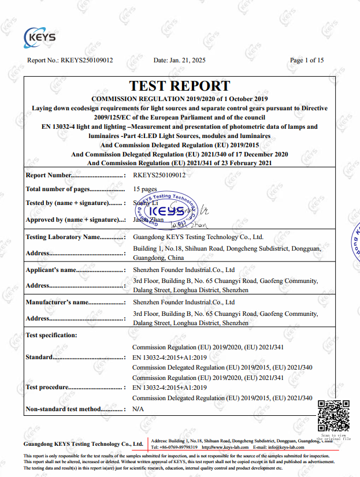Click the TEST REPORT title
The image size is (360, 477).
click(180, 86)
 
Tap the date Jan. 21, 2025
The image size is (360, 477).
click(179, 59)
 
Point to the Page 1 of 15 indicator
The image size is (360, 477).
click(306, 59)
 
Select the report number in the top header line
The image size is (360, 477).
click(70, 59)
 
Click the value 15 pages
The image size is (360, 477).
click(145, 189)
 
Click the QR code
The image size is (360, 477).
click(333, 416)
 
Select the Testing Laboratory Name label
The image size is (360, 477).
click(75, 237)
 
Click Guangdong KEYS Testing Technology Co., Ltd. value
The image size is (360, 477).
click(198, 237)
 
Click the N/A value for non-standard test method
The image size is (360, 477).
click(138, 409)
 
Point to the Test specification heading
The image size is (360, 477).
click(51, 335)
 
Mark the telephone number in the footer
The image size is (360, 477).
click(175, 447)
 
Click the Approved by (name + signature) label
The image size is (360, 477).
click(75, 219)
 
